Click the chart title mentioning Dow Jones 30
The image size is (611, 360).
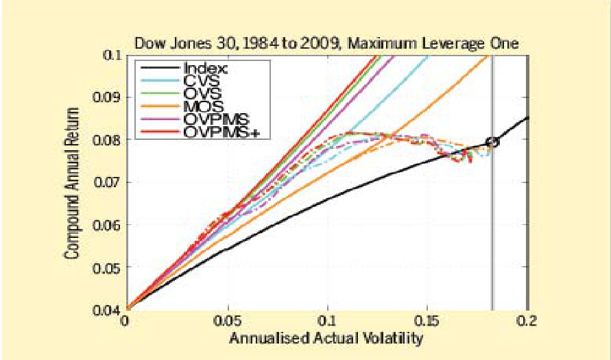(x=326, y=43)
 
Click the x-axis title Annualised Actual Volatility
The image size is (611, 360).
(x=326, y=338)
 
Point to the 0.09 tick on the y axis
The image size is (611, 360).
(x=108, y=97)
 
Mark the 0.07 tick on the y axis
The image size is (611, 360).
(x=108, y=182)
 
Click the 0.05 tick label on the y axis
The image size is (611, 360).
(x=108, y=267)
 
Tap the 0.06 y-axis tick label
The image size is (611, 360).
(x=108, y=224)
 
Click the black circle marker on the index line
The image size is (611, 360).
(x=492, y=142)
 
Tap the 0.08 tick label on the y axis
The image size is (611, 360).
(x=108, y=139)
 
